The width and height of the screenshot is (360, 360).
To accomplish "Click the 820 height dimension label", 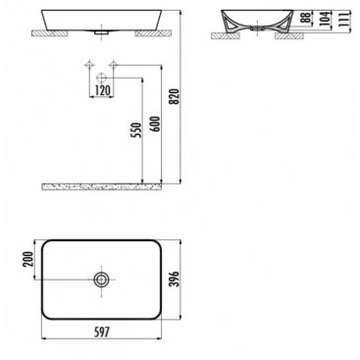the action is click(x=176, y=96).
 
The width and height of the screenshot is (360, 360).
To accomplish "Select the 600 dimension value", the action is click(x=156, y=125).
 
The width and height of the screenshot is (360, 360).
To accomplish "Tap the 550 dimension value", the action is click(x=137, y=130).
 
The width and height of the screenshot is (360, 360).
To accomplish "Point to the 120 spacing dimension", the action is click(x=102, y=90).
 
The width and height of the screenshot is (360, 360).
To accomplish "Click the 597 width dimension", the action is click(x=101, y=333).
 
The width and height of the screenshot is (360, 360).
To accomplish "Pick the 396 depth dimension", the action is click(x=176, y=279).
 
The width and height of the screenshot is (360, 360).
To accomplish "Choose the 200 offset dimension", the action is click(x=27, y=259).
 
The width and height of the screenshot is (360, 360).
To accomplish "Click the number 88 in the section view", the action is click(x=306, y=17).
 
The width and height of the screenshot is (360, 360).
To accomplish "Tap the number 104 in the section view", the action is click(x=324, y=19).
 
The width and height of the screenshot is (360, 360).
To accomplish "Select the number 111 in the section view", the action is click(x=342, y=19).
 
